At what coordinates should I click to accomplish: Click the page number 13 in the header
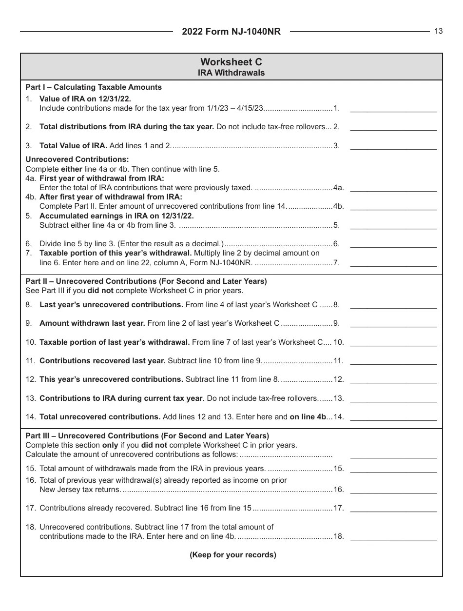(439, 31)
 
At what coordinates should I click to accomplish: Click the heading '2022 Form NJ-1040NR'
(231, 32)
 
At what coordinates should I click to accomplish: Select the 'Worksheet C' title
(231, 62)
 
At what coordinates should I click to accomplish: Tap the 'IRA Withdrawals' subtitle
(231, 73)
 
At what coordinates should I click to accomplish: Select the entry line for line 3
(393, 145)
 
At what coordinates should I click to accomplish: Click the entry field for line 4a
(393, 188)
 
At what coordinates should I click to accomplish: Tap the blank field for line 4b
(393, 206)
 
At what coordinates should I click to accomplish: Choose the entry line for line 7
(393, 263)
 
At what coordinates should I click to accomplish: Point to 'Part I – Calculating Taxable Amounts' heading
(94, 87)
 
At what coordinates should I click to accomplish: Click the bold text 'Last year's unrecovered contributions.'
(111, 305)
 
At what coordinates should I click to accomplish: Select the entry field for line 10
(393, 342)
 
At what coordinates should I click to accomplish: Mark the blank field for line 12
(393, 379)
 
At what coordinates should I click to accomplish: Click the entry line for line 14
(393, 417)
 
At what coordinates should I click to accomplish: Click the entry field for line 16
(393, 490)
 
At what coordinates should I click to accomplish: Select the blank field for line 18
(393, 536)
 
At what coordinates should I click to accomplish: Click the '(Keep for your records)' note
(233, 555)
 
